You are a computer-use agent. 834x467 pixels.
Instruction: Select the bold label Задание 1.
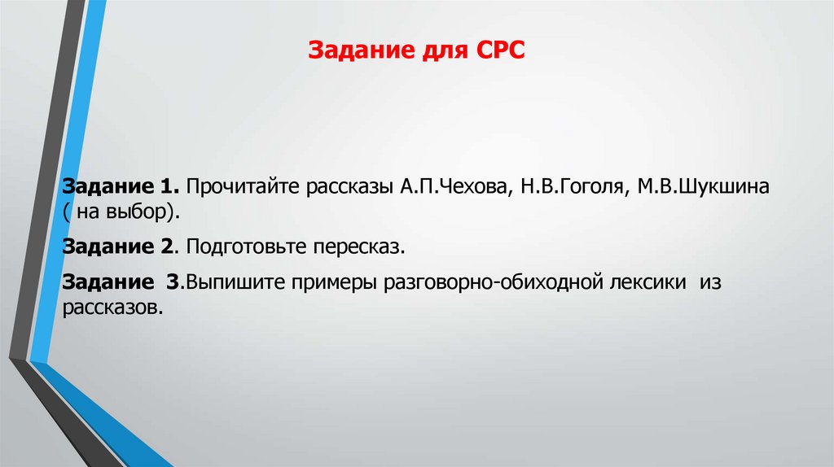(121, 187)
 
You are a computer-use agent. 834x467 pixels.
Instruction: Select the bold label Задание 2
(120, 245)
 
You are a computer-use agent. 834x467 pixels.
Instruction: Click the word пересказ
(363, 245)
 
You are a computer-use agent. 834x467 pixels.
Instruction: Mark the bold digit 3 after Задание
(170, 283)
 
